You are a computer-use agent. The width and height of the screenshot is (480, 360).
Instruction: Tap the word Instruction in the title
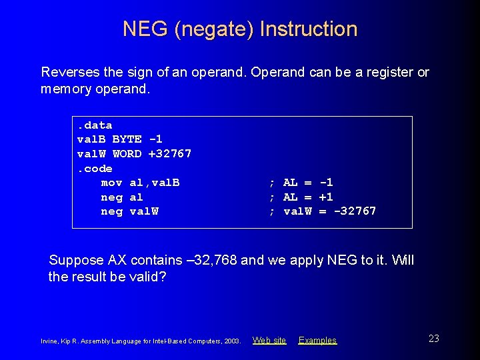[309, 29]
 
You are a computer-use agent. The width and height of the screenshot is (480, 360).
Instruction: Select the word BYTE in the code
[127, 139]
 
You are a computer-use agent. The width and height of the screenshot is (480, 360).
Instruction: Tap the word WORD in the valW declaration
[127, 154]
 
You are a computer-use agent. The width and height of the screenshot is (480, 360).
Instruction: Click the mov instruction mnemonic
[111, 183]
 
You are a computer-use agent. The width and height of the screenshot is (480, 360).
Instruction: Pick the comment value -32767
[355, 211]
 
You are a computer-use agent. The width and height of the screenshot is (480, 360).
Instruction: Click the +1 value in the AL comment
[326, 197]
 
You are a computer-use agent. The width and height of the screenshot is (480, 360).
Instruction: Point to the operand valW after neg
[144, 211]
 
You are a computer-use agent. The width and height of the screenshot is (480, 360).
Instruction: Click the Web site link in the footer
[269, 340]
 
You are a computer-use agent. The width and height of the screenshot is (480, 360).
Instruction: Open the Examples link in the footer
[317, 340]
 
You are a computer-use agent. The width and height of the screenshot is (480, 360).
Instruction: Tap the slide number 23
[433, 339]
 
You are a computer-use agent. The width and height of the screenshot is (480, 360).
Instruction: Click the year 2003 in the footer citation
[232, 341]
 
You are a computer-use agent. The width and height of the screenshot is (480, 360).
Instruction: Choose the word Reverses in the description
[67, 72]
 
